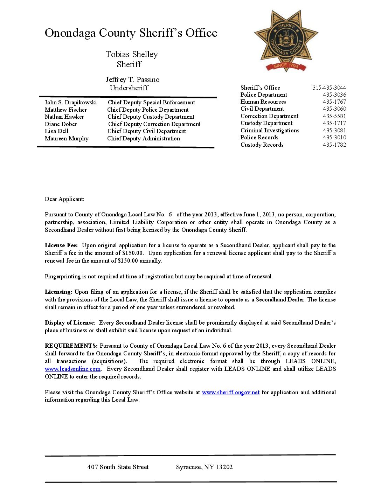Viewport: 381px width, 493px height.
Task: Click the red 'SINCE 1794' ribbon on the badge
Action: (x=286, y=66)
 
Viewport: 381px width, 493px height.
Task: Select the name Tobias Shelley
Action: (x=132, y=54)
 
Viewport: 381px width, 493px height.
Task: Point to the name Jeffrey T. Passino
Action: (x=132, y=79)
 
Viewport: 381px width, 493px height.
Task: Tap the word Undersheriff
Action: (x=129, y=88)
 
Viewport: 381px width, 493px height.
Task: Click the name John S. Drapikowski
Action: (x=71, y=102)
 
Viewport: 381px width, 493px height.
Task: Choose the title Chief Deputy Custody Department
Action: (x=151, y=117)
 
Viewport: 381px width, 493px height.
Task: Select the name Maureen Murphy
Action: (x=67, y=138)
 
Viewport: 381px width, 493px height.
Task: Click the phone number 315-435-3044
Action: (x=329, y=88)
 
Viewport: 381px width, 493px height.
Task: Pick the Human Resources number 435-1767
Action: (x=334, y=102)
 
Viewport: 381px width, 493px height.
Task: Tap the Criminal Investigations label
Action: (x=270, y=130)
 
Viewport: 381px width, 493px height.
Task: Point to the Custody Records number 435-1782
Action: (x=334, y=145)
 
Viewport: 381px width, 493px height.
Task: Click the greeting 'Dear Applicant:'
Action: (x=64, y=199)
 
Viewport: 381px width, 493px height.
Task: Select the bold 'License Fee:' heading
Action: (x=61, y=245)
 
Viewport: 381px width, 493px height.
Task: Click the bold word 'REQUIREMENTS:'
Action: (x=71, y=346)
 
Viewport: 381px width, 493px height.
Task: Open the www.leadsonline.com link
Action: (x=72, y=369)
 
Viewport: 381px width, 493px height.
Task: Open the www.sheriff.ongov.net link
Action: (x=230, y=392)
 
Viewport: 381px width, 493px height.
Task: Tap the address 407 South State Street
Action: (x=118, y=467)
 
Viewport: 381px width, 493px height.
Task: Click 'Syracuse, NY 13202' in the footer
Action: (x=204, y=467)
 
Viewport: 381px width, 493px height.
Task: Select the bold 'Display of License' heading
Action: (x=69, y=322)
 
